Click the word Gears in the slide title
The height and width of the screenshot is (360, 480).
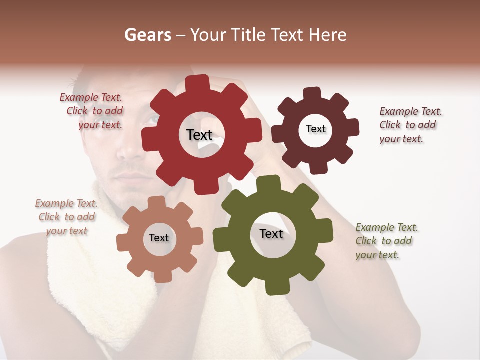click(x=147, y=34)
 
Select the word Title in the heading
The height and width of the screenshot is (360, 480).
click(x=250, y=34)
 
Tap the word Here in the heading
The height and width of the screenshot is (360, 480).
click(x=328, y=34)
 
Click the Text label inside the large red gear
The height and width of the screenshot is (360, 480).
click(x=199, y=135)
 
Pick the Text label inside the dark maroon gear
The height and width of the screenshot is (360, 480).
click(x=315, y=129)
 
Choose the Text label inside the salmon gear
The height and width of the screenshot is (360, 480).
click(x=159, y=238)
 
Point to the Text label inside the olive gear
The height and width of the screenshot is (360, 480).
click(x=271, y=233)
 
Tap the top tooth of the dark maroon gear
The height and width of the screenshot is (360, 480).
click(x=312, y=94)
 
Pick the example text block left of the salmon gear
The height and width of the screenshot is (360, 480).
click(x=67, y=217)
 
